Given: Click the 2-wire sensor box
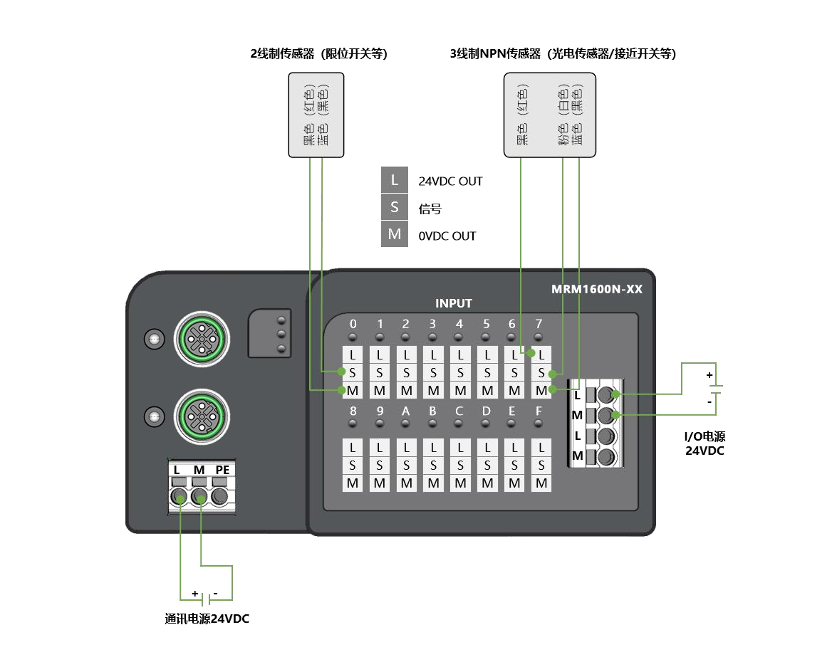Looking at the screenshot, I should click(x=316, y=114).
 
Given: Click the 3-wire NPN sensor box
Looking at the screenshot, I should click(x=549, y=114).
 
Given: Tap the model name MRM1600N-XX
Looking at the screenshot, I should click(x=597, y=290).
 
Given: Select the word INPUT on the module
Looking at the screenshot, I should click(x=454, y=303).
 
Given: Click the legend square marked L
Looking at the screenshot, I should click(x=395, y=181).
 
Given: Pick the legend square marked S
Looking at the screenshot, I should click(x=395, y=208).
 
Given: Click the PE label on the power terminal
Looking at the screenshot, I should click(x=222, y=470).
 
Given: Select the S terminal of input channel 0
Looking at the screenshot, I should click(x=353, y=372).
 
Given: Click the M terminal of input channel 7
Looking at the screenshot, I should click(x=541, y=390).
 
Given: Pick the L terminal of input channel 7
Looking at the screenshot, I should click(x=541, y=354).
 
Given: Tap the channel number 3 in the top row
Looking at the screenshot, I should click(x=432, y=324).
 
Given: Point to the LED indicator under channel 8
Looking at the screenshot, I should click(x=353, y=424).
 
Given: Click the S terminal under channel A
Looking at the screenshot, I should click(x=406, y=466).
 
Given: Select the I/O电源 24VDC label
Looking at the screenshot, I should click(x=705, y=443).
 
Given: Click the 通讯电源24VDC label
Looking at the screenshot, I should click(x=207, y=619).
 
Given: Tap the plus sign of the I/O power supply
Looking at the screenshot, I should click(x=709, y=375).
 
